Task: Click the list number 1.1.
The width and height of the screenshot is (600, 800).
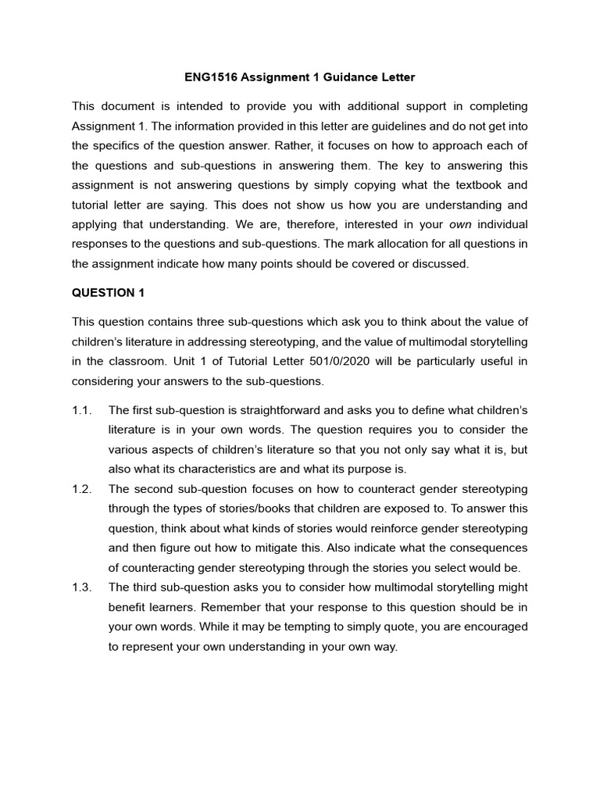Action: click(x=82, y=410)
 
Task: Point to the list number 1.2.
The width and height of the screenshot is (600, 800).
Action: click(x=82, y=489)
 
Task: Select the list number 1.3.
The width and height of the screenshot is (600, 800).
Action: click(x=82, y=587)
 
